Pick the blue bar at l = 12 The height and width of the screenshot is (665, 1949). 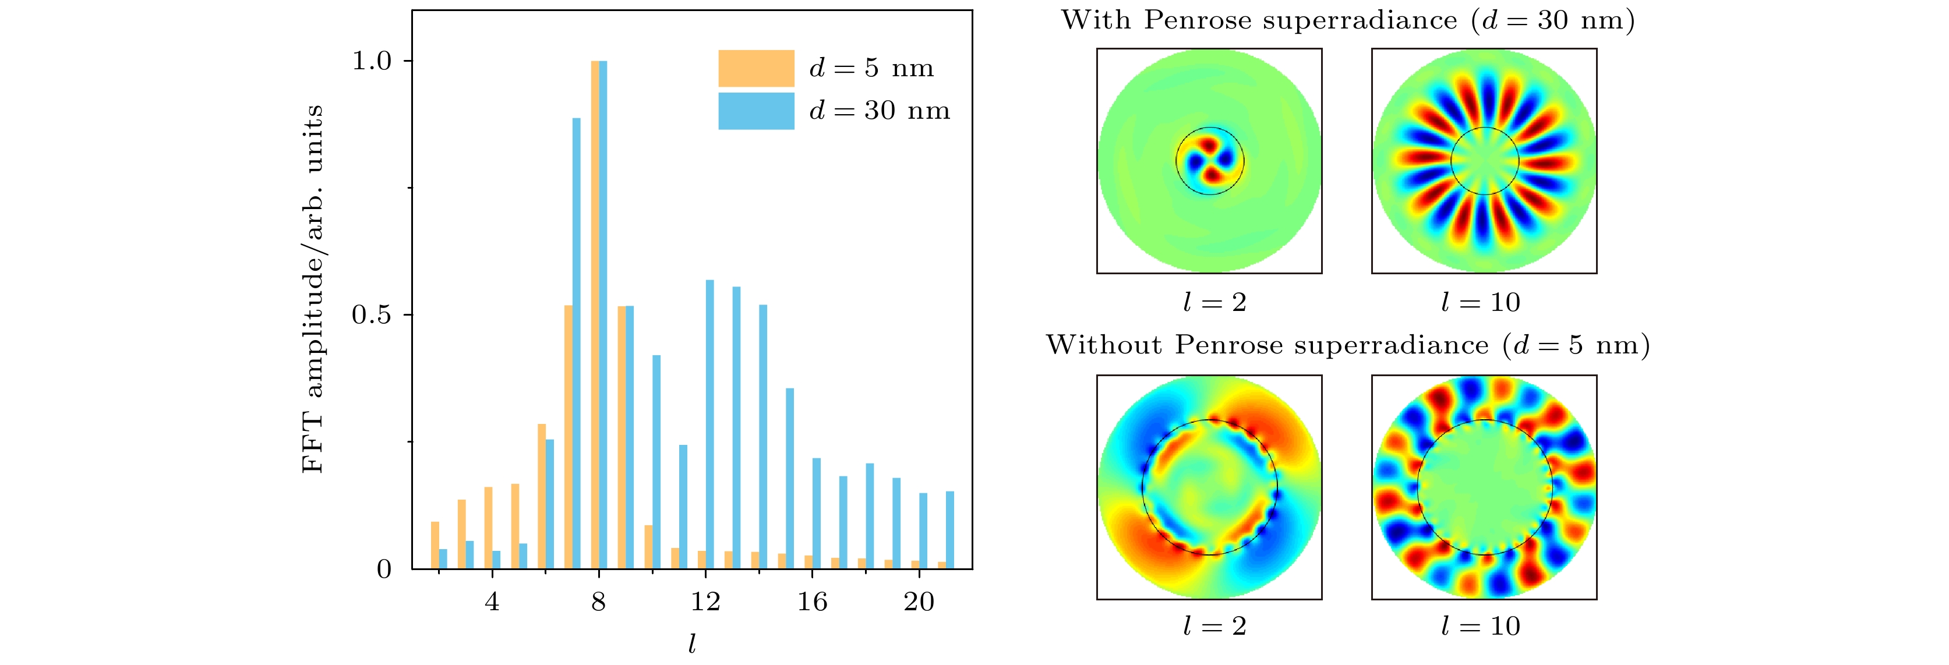pos(709,424)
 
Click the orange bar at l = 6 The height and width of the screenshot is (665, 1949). pos(542,496)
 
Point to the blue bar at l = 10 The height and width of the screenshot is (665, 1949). pos(656,462)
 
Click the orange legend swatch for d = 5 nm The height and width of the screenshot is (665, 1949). pos(756,68)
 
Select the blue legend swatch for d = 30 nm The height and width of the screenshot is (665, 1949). pos(756,111)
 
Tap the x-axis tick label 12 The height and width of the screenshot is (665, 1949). pos(705,602)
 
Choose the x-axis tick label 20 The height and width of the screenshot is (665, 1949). pos(919,602)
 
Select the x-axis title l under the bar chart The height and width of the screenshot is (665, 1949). pos(691,644)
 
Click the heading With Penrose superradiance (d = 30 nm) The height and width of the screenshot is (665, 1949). pos(1347,20)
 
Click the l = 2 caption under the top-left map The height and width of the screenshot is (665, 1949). pos(1214,303)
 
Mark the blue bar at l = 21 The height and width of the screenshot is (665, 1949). pos(950,529)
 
